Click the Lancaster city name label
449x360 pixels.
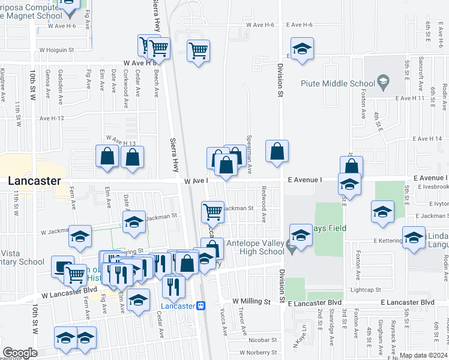34,181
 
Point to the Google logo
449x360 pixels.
20,353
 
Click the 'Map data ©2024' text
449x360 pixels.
423,355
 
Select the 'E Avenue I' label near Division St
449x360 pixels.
305,179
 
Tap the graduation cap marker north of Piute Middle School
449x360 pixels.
303,49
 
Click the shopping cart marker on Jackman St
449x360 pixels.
212,211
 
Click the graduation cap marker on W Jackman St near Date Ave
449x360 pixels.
134,221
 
